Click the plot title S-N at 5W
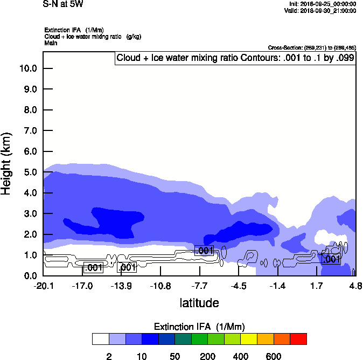point(63,4)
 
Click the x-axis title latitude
point(199,303)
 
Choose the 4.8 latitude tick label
point(355,285)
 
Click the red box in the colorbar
point(298,339)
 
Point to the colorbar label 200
point(207,356)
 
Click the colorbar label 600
point(274,356)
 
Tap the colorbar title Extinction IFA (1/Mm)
point(199,327)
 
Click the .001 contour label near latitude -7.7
point(204,251)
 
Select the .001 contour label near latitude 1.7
point(331,259)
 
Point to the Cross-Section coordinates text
point(311,48)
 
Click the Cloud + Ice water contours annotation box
point(235,58)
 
